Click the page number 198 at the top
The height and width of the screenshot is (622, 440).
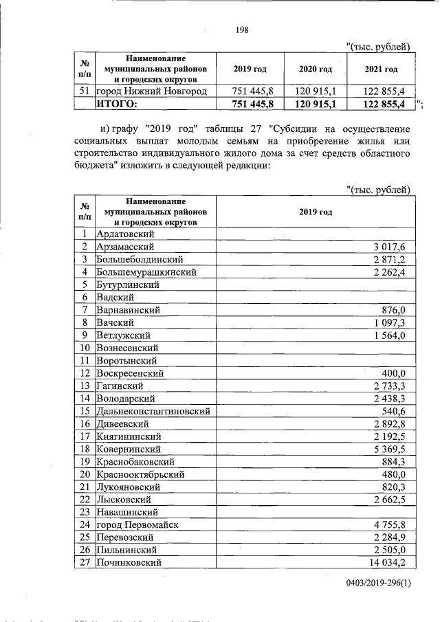coord(241,29)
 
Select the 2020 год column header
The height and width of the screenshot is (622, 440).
coord(316,70)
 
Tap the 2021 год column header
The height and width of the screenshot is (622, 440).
coord(381,70)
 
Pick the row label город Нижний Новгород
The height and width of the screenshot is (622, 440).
coord(151,91)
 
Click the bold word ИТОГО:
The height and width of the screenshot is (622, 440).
coord(116,104)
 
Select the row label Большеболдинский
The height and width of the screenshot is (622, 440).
coord(139,259)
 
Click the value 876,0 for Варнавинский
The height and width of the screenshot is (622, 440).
coord(397,310)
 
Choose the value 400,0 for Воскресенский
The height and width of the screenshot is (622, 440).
coord(397,373)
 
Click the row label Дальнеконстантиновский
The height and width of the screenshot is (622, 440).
coord(153,411)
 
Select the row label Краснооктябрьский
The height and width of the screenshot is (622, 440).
coord(145,474)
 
